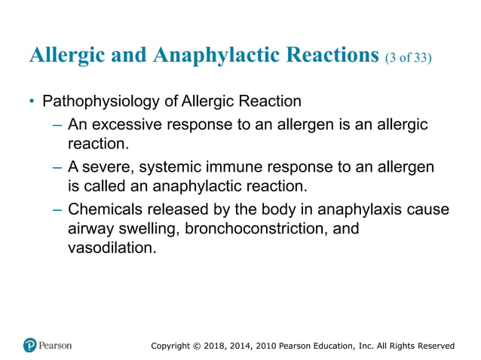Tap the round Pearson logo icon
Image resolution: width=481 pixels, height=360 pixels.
click(30, 345)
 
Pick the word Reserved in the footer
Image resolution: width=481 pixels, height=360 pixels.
click(433, 346)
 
